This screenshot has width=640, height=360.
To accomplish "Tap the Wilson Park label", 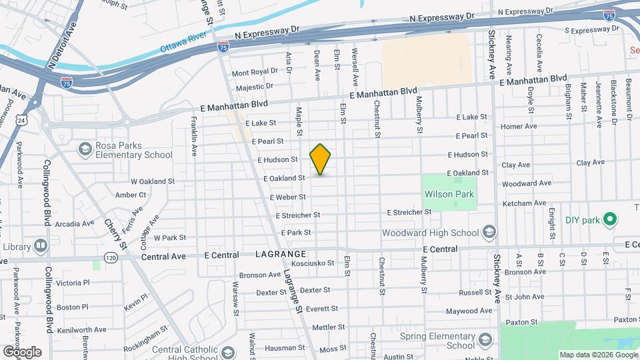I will tap(449, 195).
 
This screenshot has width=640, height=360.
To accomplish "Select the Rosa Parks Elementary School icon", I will tap(85, 148).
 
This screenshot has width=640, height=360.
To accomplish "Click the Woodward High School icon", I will tap(489, 232).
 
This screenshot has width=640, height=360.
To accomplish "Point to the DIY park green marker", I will tap(609, 219).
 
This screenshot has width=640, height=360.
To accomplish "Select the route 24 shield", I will tap(23, 120).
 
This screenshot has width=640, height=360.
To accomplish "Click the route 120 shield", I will tap(111, 257).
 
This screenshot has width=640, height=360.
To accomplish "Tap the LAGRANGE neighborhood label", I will tap(281, 254).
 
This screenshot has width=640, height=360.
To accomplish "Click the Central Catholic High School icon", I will tap(227, 353).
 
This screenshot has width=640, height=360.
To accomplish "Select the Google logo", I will tap(22, 352).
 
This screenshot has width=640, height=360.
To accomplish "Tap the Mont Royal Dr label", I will tap(255, 71).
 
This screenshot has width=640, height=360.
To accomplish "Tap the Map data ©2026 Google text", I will tap(598, 355).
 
